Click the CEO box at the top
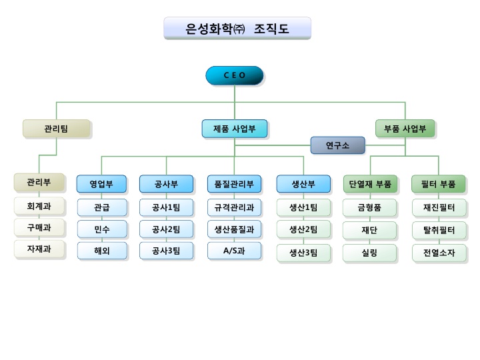tap(234, 75)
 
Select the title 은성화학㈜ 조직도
tap(237, 29)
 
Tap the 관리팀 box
tap(56, 129)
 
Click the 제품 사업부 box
tap(234, 129)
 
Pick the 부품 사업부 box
tap(405, 129)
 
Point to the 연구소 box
tap(337, 145)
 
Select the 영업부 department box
tap(101, 183)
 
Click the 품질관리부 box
tap(234, 183)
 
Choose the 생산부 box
tap(303, 183)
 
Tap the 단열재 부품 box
tap(370, 183)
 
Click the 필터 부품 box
tap(439, 183)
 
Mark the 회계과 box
tap(39, 206)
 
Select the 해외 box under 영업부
tap(101, 251)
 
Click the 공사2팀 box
tap(166, 229)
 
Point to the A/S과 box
tap(234, 251)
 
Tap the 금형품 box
tap(370, 207)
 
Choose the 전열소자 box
tap(439, 253)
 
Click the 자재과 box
tap(39, 249)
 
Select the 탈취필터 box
tap(439, 231)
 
